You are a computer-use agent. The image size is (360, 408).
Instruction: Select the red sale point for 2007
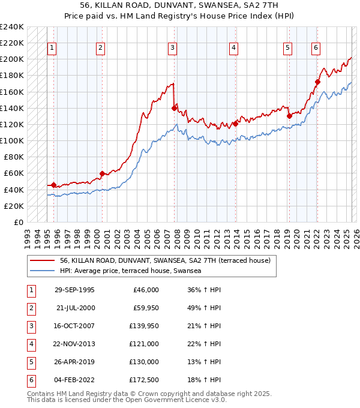coord(174,108)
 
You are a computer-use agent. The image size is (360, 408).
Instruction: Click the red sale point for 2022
coord(317,82)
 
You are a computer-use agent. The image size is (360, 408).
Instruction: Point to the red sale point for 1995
coord(54,185)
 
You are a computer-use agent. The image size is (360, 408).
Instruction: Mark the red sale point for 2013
coord(235,124)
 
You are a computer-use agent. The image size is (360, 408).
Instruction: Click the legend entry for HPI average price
coord(133,271)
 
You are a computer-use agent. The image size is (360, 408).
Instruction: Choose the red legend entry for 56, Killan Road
coord(166,260)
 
